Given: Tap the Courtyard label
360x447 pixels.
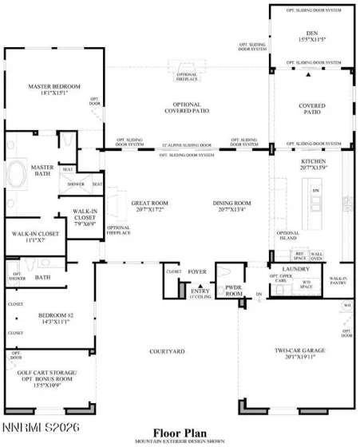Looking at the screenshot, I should [x=167, y=351].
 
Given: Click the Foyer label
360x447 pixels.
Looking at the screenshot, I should [x=196, y=272].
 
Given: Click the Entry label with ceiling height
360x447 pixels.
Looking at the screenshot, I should [x=199, y=294].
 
